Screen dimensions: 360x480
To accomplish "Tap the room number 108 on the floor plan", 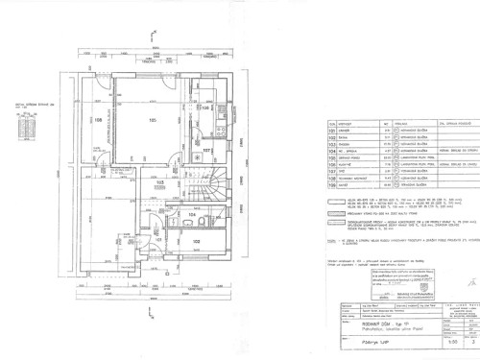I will coord(98,120).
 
